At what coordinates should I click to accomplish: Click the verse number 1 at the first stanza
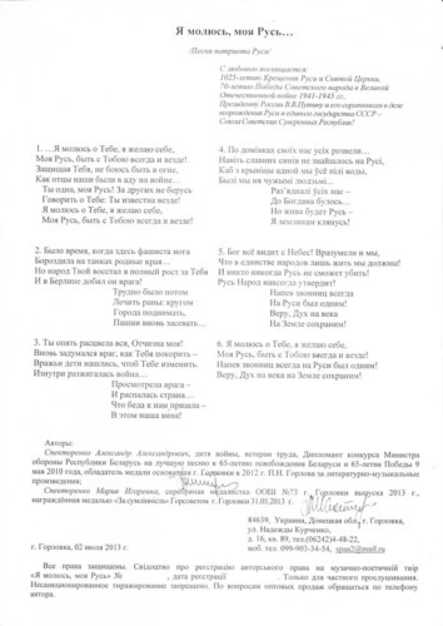[38, 149]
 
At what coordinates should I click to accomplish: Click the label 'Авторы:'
[58, 443]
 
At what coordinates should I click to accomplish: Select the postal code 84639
[259, 521]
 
